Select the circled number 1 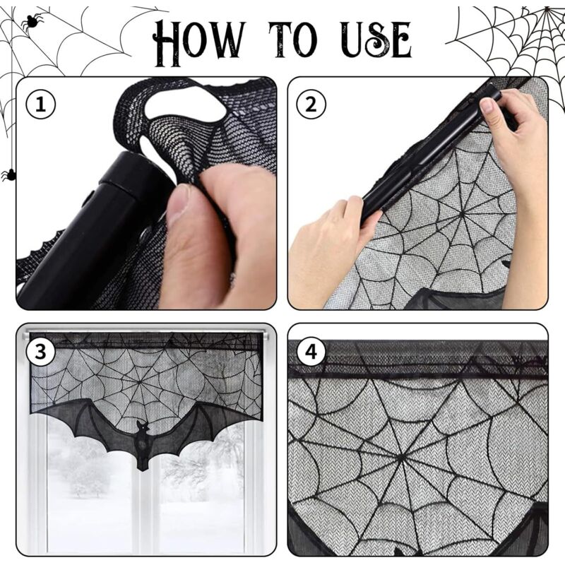tap(40, 105)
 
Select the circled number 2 tap(311, 105)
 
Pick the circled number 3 tap(40, 351)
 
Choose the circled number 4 tap(311, 351)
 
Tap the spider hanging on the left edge tap(8, 174)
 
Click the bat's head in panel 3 tap(142, 429)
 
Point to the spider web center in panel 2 tap(461, 211)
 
